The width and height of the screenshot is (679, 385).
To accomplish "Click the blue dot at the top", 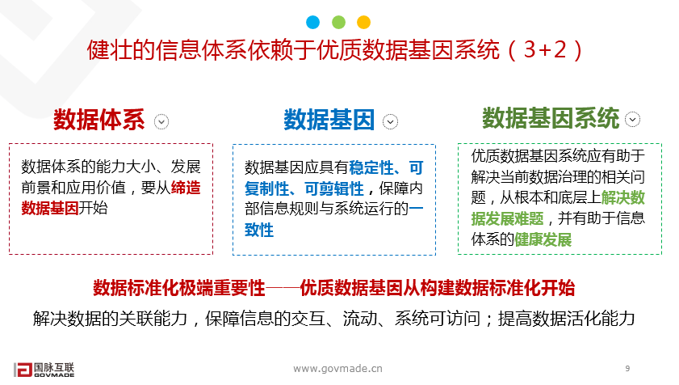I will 313,22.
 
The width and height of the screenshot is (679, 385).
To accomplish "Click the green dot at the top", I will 338,22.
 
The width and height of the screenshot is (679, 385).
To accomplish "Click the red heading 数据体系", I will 98,121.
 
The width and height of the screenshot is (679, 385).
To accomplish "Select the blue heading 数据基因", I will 329,121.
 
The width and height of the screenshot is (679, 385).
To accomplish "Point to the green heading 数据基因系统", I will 551,119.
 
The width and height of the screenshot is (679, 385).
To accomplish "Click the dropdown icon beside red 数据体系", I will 162,121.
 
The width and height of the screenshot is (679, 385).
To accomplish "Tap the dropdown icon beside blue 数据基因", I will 391,121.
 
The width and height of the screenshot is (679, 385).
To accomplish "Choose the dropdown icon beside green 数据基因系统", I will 632,119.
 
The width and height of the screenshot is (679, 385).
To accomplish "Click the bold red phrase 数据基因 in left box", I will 50,208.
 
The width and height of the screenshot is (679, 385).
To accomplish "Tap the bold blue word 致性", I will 259,231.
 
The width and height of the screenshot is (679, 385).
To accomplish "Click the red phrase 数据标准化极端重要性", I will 178,288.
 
